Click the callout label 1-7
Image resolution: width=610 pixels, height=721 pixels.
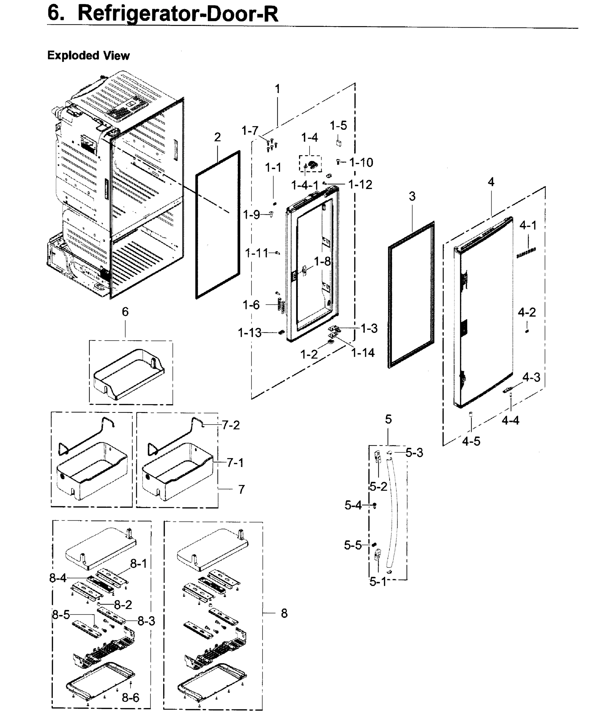(x=250, y=131)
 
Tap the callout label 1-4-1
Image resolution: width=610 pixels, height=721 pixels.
(x=305, y=185)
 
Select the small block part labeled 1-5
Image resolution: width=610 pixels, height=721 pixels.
(x=339, y=143)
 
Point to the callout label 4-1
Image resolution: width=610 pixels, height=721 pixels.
(x=528, y=225)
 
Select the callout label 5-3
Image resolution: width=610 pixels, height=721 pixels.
(x=414, y=453)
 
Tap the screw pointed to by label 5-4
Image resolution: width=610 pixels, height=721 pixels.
(x=374, y=505)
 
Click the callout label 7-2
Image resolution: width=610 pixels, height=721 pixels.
(x=231, y=425)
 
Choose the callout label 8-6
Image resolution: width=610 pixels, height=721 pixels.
(x=131, y=698)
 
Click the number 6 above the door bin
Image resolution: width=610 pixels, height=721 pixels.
(x=125, y=312)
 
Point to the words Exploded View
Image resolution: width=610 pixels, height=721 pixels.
(x=89, y=55)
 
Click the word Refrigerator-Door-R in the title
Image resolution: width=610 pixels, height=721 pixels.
(x=178, y=14)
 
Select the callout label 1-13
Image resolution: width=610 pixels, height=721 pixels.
(x=250, y=333)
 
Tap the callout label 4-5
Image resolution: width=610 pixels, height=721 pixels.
(x=471, y=441)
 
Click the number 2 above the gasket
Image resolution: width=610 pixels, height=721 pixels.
(x=217, y=137)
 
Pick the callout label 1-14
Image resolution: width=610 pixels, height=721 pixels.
(x=363, y=353)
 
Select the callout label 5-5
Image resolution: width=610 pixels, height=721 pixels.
(x=353, y=546)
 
